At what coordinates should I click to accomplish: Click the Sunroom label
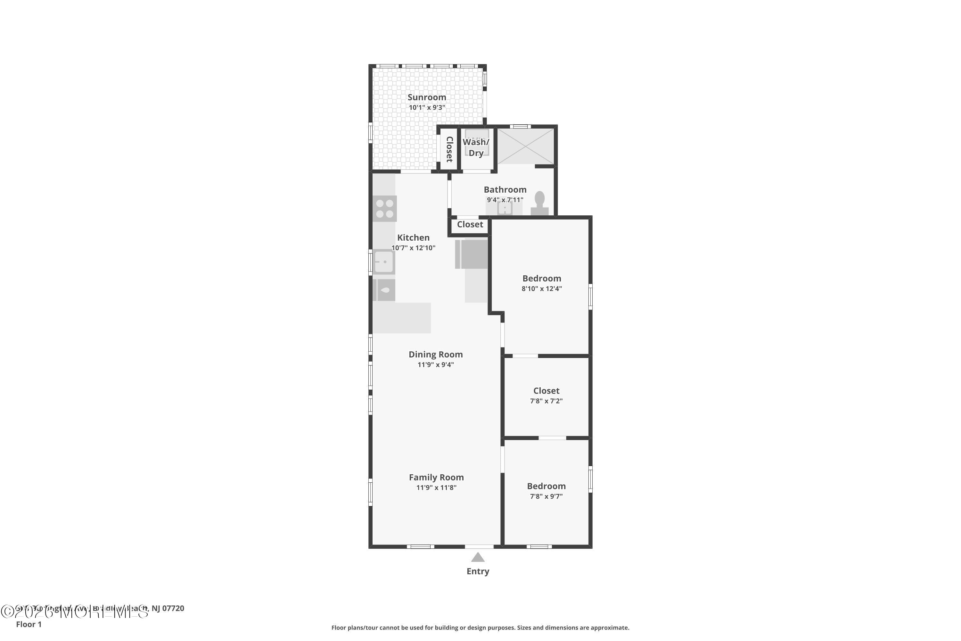click(427, 97)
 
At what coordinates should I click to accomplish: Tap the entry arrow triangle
click(478, 558)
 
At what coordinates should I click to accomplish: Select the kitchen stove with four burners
click(384, 209)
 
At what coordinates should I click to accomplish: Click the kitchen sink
click(384, 262)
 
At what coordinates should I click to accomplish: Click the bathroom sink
click(505, 209)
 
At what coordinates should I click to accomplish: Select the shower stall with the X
click(525, 146)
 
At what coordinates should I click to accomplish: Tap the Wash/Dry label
click(476, 147)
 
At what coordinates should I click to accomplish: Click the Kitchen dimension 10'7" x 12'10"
click(413, 248)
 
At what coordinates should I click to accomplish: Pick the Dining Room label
click(436, 354)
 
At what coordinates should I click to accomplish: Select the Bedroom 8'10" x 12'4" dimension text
click(541, 289)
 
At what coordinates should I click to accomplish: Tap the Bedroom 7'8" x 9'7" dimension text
click(546, 496)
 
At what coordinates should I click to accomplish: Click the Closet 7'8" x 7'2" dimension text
click(546, 401)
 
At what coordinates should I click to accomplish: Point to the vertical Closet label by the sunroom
click(449, 149)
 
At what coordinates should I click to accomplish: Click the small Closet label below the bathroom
click(470, 224)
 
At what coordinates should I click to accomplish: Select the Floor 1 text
click(29, 624)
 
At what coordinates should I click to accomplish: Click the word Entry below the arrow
click(478, 571)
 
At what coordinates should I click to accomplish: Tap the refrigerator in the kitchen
click(472, 254)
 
